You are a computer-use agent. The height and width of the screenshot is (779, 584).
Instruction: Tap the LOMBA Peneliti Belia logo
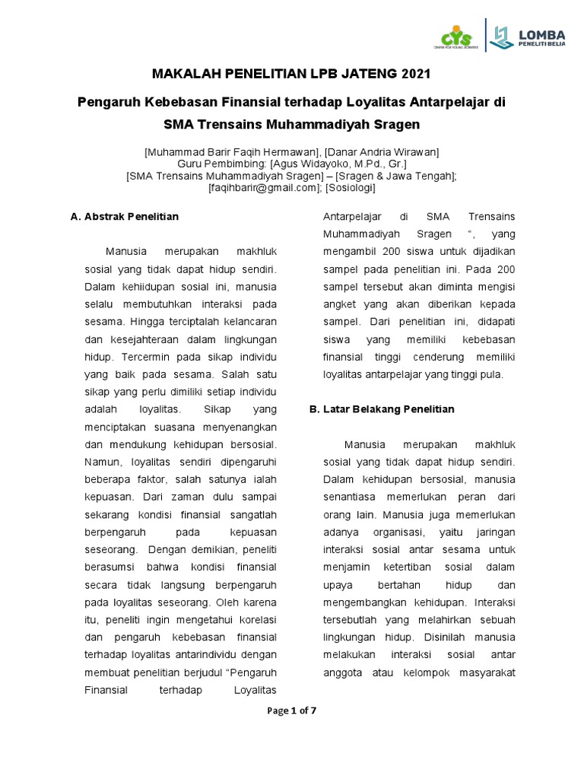529,37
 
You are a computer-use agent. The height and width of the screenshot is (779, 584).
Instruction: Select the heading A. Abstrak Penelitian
124,217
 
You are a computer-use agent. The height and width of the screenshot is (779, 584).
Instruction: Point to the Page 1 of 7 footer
291,711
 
